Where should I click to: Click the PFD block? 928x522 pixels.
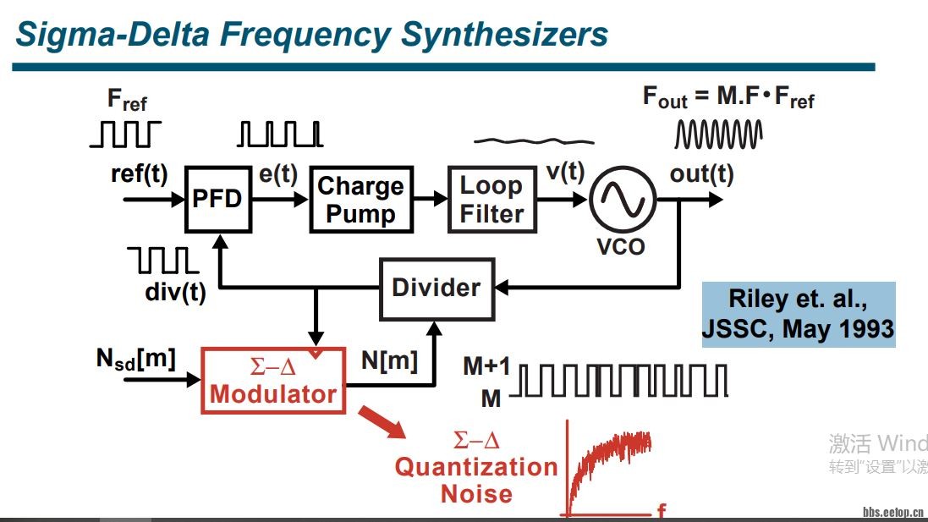(x=218, y=199)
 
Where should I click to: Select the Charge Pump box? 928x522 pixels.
(x=361, y=199)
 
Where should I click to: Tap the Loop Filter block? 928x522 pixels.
(x=491, y=199)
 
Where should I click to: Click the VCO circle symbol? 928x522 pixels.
(x=622, y=200)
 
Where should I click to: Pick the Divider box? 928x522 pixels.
(x=436, y=288)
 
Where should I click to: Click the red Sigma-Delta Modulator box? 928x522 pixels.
(x=273, y=380)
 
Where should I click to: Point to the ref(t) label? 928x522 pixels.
(x=140, y=173)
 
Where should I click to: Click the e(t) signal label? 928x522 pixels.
(x=278, y=173)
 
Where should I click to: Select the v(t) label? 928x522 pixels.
(x=565, y=172)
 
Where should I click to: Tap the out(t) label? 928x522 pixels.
(x=701, y=175)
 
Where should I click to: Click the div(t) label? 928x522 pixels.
(x=175, y=294)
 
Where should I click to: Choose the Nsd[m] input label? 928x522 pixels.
(x=135, y=359)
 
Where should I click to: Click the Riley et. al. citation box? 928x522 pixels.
(x=799, y=314)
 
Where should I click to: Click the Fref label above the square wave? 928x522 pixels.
(x=127, y=100)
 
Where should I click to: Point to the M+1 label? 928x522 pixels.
(x=486, y=367)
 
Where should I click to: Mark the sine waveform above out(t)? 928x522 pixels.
(x=718, y=134)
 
